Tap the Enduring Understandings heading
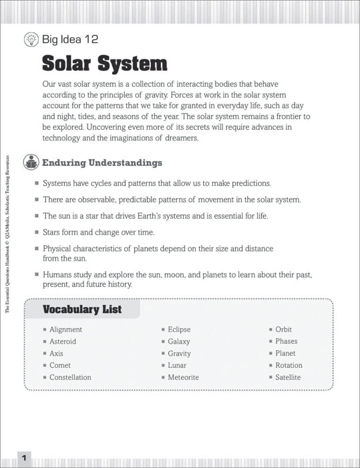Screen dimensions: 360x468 click(x=102, y=162)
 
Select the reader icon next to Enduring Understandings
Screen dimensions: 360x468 click(x=31, y=162)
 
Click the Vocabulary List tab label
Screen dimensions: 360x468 click(x=82, y=309)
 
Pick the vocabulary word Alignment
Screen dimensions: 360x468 click(x=65, y=330)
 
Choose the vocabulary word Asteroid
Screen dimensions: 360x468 click(x=63, y=342)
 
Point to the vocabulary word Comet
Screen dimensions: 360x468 click(x=60, y=366)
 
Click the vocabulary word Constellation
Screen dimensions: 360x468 click(x=70, y=378)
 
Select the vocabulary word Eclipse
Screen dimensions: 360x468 click(x=179, y=330)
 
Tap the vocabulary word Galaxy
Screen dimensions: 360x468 click(x=179, y=342)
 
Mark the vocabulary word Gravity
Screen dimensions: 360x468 click(x=179, y=354)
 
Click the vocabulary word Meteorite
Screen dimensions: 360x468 click(x=183, y=378)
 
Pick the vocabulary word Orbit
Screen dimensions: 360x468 click(x=283, y=330)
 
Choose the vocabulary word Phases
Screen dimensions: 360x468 click(x=286, y=342)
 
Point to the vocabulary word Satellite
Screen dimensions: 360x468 click(x=288, y=378)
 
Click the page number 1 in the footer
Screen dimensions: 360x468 click(x=23, y=458)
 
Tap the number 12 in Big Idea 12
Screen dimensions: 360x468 click(x=92, y=39)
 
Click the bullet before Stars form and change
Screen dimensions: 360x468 click(x=37, y=233)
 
